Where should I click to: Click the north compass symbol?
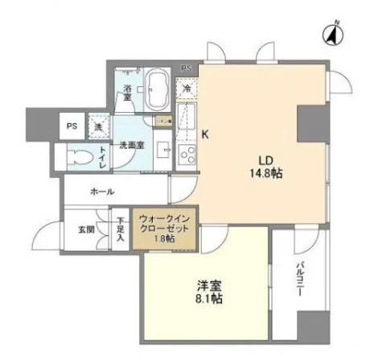click(x=333, y=35)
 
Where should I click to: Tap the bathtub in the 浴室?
click(x=158, y=89)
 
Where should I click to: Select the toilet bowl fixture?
click(x=79, y=157)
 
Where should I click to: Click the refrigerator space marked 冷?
click(x=187, y=89)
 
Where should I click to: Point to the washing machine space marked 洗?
click(x=99, y=126)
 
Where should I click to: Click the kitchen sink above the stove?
click(x=186, y=122)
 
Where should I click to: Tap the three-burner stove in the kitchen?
click(x=187, y=155)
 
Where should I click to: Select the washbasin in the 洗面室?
click(x=162, y=151)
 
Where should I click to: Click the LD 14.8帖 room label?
click(x=266, y=167)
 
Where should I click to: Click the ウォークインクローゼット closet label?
click(x=164, y=229)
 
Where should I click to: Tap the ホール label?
click(x=102, y=192)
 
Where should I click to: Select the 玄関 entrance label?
click(x=86, y=230)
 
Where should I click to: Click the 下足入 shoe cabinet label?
click(x=121, y=230)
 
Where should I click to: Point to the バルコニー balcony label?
click(x=300, y=279)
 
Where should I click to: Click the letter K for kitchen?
click(x=205, y=134)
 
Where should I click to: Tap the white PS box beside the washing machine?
click(x=72, y=126)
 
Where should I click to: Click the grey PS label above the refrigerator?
click(x=187, y=68)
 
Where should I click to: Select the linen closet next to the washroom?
click(x=163, y=121)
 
